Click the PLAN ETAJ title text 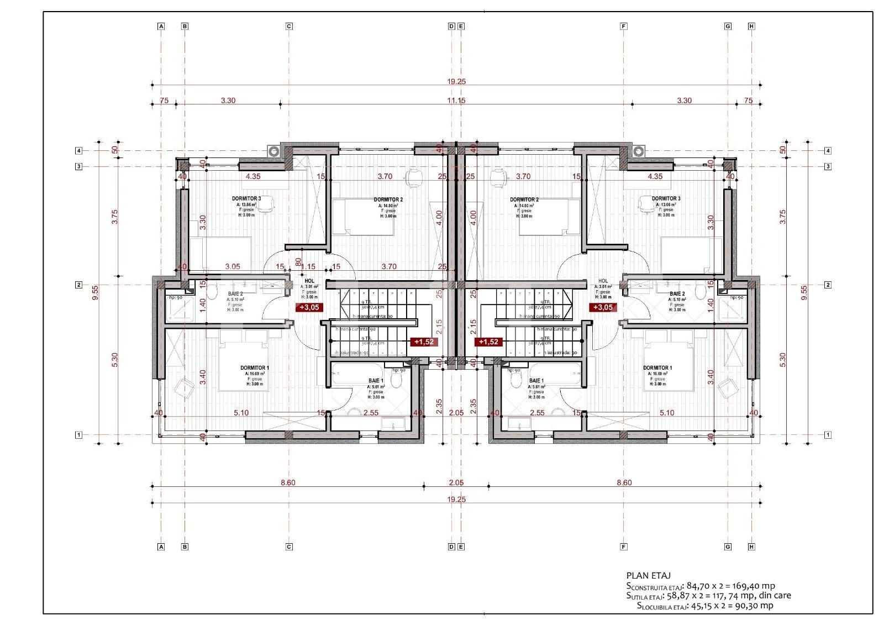(x=649, y=575)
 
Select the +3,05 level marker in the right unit (x=603, y=307)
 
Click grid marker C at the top (x=288, y=26)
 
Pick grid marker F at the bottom (x=624, y=547)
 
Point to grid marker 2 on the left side (x=78, y=285)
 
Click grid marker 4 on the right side (x=828, y=150)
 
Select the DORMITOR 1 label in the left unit (x=255, y=368)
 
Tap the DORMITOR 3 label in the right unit (x=666, y=198)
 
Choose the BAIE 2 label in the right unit (x=677, y=294)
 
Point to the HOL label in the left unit (x=309, y=281)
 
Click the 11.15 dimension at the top (x=456, y=101)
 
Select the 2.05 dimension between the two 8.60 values (x=456, y=482)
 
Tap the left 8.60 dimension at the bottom (x=288, y=482)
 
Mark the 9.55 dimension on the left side (x=96, y=292)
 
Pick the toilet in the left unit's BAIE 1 (x=396, y=380)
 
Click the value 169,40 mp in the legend (x=755, y=586)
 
